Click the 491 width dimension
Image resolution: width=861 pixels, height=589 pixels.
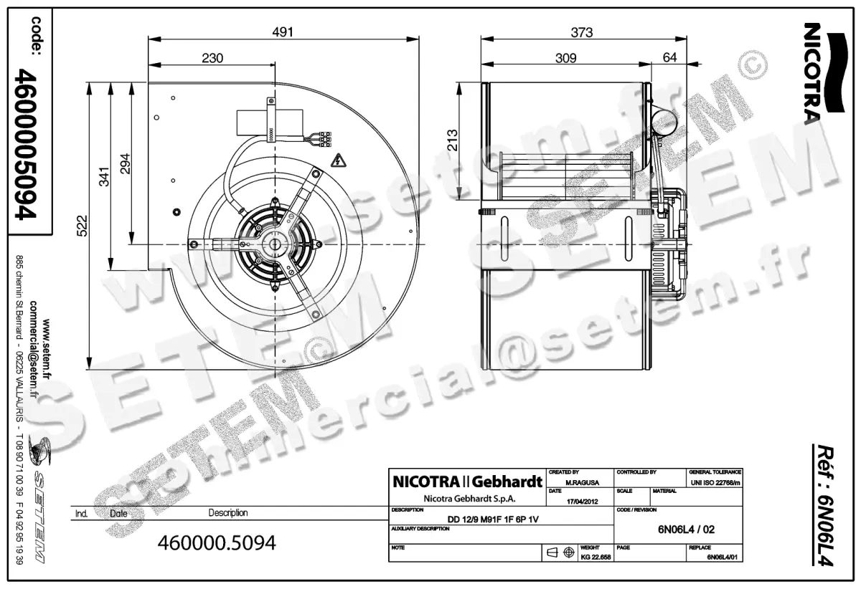(x=283, y=32)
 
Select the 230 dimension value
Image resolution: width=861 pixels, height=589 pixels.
(x=212, y=58)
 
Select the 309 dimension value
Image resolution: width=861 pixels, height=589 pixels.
(x=565, y=58)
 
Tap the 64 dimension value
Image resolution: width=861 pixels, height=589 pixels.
(x=669, y=58)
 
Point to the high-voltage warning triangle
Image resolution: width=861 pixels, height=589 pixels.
(x=335, y=161)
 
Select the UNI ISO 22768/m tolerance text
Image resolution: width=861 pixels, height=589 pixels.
(x=715, y=484)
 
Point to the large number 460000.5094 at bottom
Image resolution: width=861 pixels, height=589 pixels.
(x=216, y=543)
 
